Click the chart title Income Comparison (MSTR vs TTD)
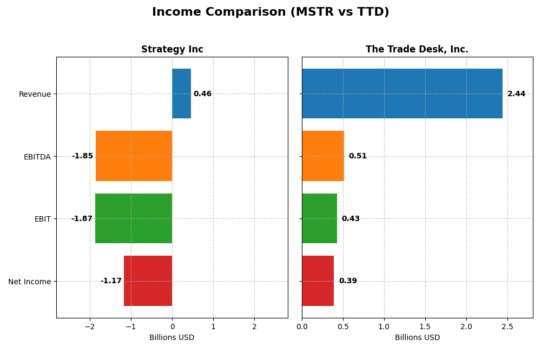click(x=270, y=12)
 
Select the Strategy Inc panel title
click(x=172, y=49)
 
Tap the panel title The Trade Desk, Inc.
click(x=417, y=49)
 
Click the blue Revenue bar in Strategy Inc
click(x=181, y=94)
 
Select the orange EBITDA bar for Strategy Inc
click(x=134, y=156)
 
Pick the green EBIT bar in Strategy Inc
click(x=134, y=218)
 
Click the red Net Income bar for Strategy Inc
click(x=148, y=281)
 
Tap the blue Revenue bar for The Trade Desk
click(x=402, y=94)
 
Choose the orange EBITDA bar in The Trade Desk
click(x=322, y=156)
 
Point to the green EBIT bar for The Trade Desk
click(x=319, y=218)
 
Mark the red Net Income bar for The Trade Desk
click(x=318, y=281)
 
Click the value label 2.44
click(x=516, y=94)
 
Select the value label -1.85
click(x=82, y=156)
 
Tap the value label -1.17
click(x=111, y=281)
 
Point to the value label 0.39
click(x=348, y=281)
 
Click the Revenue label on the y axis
click(x=35, y=94)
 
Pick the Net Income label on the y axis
click(x=29, y=281)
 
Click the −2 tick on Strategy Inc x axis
click(x=90, y=326)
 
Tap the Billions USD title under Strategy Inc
click(x=172, y=337)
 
